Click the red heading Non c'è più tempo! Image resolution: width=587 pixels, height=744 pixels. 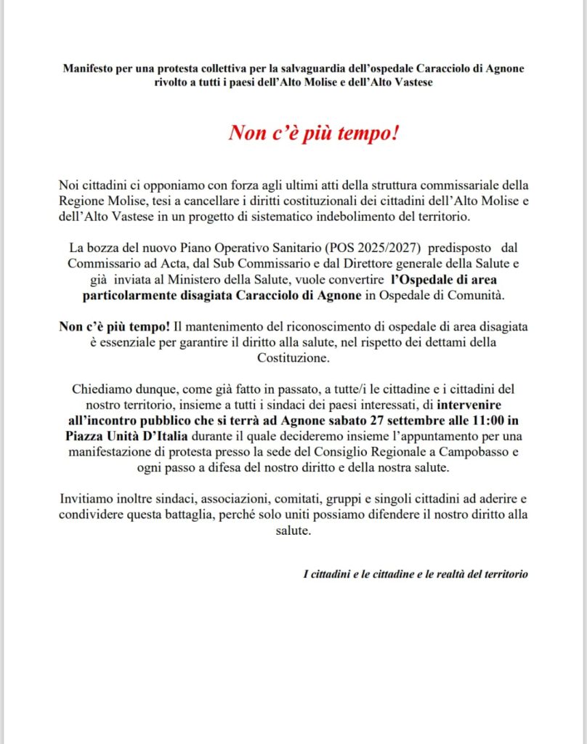[314, 133]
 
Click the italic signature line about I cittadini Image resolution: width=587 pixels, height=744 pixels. [416, 574]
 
